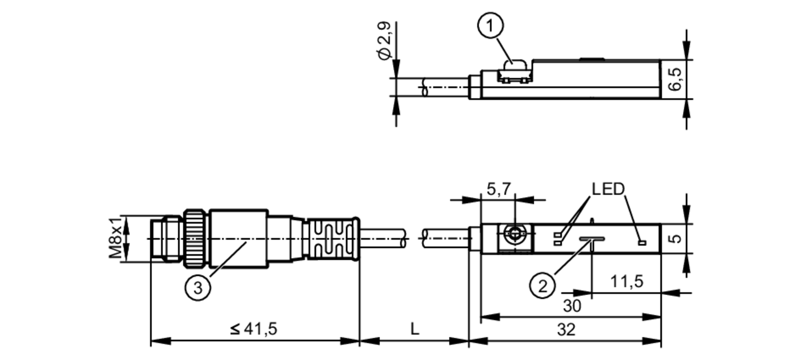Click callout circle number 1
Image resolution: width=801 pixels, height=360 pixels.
tap(490, 26)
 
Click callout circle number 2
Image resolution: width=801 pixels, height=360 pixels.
tap(542, 286)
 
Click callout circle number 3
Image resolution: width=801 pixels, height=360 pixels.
tap(198, 288)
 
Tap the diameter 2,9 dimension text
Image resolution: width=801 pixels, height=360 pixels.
tap(384, 41)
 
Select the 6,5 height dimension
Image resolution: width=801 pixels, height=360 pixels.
tap(675, 79)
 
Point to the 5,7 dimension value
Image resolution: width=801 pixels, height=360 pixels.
tap(499, 189)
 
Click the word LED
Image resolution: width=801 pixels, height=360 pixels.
tap(608, 189)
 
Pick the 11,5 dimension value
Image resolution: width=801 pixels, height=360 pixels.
tap(626, 282)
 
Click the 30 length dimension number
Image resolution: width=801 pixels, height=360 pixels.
tap(572, 306)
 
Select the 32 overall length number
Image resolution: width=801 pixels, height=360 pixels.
tap(566, 330)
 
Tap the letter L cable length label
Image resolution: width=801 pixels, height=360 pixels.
tap(415, 330)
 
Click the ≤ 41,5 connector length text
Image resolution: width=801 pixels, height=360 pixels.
tap(254, 329)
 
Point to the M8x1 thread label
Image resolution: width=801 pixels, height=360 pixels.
tap(115, 238)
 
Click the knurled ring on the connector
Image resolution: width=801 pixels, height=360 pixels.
tap(195, 239)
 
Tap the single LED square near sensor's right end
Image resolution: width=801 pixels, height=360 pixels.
tap(642, 243)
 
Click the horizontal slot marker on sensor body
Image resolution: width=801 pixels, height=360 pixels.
tap(592, 239)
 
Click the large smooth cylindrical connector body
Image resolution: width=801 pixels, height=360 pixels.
tap(238, 239)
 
